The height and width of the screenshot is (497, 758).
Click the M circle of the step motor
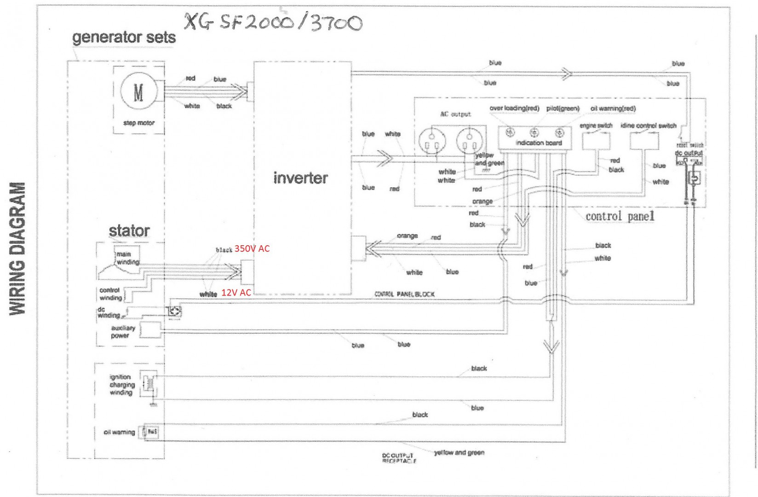[x=138, y=92]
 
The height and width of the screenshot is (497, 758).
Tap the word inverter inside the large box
[x=300, y=178]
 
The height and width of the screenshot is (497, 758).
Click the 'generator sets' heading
[x=124, y=37]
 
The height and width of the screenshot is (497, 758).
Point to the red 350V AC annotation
[x=252, y=248]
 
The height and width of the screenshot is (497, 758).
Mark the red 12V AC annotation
[x=236, y=293]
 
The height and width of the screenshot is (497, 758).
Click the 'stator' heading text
[x=129, y=231]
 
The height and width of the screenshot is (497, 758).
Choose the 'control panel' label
[x=620, y=216]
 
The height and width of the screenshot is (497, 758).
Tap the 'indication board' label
[x=539, y=143]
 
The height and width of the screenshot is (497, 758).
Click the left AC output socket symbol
[x=432, y=141]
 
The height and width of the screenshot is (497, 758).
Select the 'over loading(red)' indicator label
[x=514, y=109]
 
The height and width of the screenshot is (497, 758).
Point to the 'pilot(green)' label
[x=563, y=109]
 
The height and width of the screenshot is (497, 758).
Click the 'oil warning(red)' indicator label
[x=613, y=109]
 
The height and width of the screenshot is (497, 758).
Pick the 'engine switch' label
[x=596, y=126]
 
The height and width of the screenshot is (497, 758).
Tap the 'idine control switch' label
[x=648, y=126]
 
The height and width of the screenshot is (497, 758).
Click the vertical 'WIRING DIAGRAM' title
[x=17, y=248]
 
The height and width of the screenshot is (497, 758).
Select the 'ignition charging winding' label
[x=122, y=385]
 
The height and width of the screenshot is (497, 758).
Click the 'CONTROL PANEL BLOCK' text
[x=404, y=294]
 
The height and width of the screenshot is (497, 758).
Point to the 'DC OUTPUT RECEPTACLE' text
[x=399, y=458]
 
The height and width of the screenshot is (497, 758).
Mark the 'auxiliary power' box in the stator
[x=150, y=330]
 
